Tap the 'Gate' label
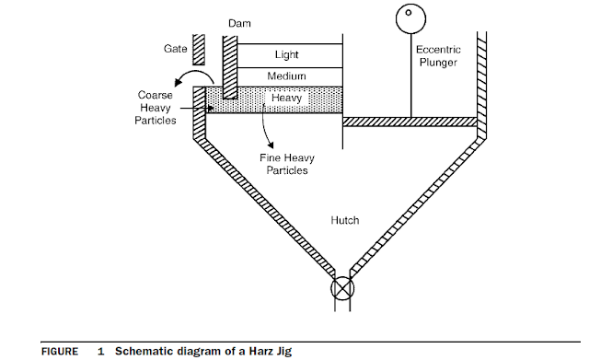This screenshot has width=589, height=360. [176, 46]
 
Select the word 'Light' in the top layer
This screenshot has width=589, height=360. [286, 55]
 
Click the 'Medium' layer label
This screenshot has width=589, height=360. [286, 76]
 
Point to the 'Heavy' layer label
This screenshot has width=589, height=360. [286, 97]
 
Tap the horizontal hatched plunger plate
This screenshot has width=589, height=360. [410, 121]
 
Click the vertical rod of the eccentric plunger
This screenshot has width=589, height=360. [410, 74]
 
